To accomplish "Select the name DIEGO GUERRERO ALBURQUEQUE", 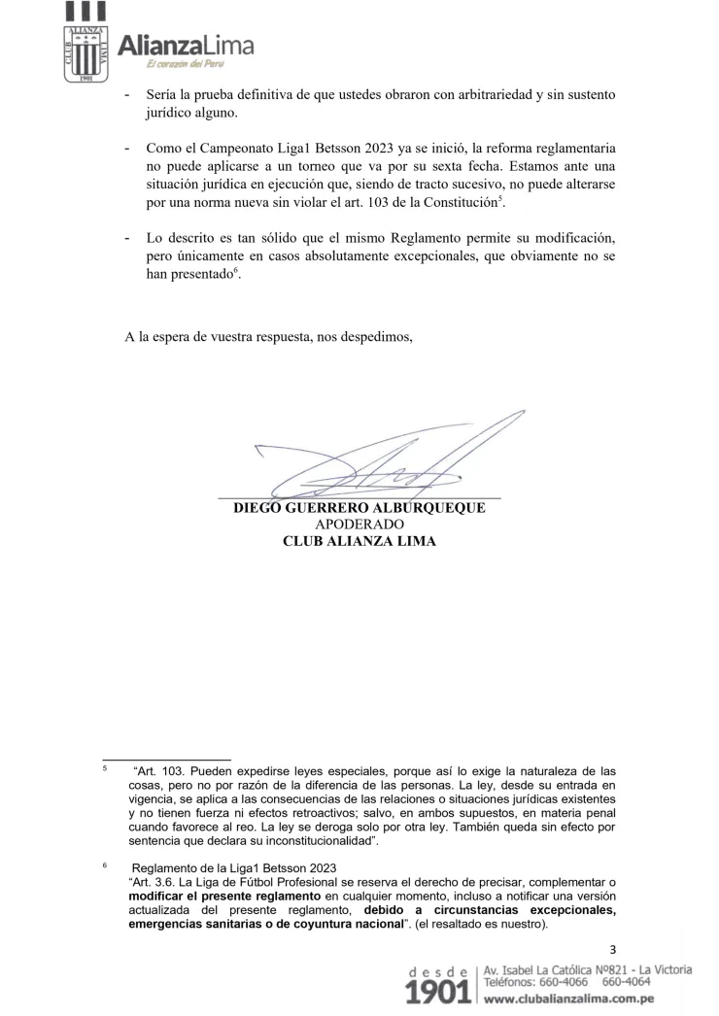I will [x=359, y=508].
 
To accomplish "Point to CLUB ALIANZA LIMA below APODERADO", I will [x=359, y=541].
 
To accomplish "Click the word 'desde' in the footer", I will [x=442, y=971].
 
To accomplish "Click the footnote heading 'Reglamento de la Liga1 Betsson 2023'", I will [x=238, y=867].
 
